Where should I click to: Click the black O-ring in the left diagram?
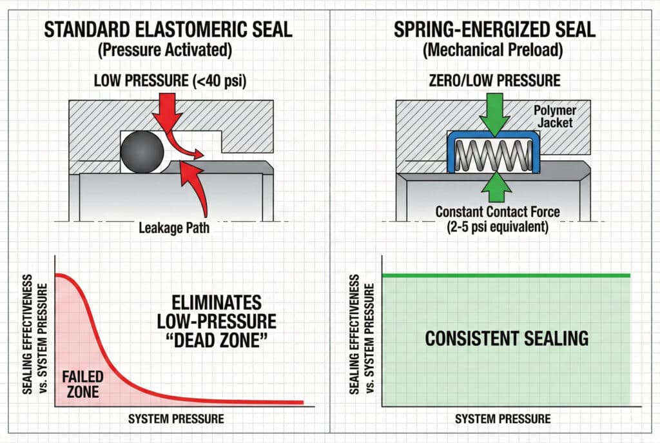pos(142,153)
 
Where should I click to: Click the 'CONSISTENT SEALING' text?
pos(506,338)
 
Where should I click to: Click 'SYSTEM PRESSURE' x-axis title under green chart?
pos(503,418)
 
